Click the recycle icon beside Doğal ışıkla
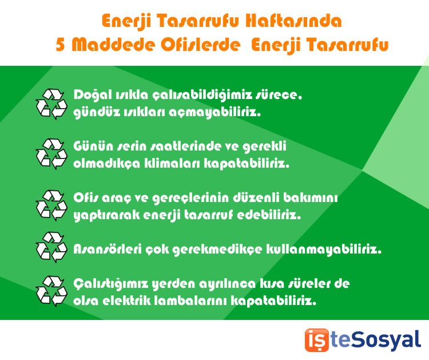51,103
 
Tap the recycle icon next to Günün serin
51,153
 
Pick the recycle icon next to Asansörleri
51,247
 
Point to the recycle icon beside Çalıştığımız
51,290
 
